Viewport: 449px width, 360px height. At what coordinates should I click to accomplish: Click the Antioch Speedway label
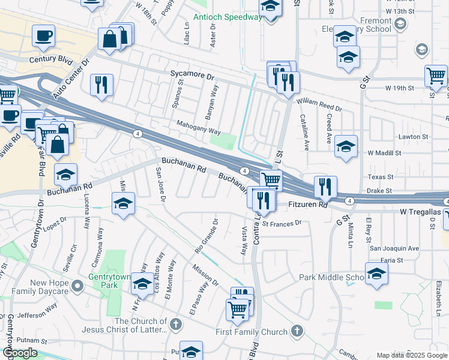[228, 17]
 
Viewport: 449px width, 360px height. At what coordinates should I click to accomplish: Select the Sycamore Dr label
[192, 77]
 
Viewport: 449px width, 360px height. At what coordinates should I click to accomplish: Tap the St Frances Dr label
[282, 223]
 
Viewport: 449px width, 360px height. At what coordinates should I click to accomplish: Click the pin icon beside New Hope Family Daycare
[77, 287]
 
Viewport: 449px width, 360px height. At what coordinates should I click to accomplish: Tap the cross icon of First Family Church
[297, 331]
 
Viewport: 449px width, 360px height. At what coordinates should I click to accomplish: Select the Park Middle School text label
[332, 277]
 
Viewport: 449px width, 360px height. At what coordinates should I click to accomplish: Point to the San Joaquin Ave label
[394, 248]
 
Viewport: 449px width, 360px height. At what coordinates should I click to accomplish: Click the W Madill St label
[384, 153]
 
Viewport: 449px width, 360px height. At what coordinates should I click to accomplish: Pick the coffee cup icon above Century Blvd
[43, 35]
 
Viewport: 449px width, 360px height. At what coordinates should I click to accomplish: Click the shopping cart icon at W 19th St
[436, 76]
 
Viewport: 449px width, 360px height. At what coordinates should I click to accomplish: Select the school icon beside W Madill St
[346, 146]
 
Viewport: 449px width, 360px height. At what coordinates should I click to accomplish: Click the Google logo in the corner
[20, 353]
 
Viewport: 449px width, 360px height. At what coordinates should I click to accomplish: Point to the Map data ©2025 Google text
[412, 355]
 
